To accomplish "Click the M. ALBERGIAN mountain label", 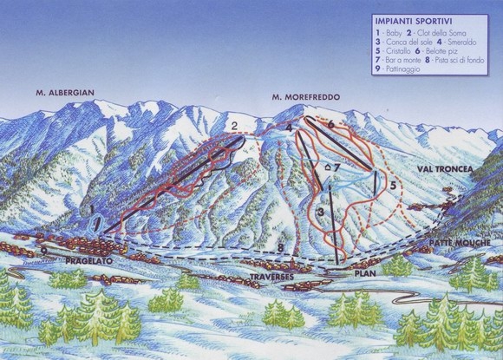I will [64, 92].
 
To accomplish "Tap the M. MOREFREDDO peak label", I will [304, 96].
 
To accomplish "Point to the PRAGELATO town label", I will [89, 259].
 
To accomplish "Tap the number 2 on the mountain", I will [234, 127].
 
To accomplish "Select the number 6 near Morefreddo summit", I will [331, 125].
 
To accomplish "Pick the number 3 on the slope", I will [320, 212].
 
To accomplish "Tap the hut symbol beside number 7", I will [327, 167].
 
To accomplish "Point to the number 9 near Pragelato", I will [43, 251].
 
